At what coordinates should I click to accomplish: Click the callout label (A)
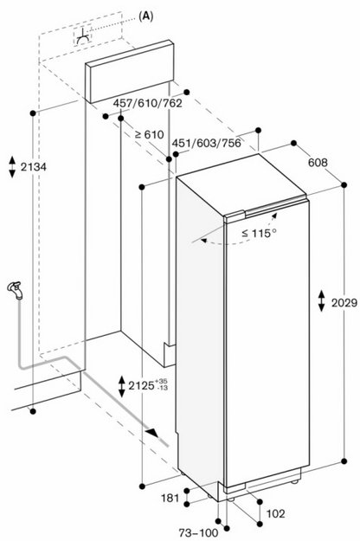coord(146,16)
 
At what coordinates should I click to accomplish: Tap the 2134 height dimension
coord(34,167)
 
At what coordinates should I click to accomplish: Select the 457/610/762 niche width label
coord(148,103)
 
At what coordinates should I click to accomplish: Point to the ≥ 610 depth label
coord(150,134)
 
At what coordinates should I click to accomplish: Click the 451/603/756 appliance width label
coord(206,143)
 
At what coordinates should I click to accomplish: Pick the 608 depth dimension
coord(318,162)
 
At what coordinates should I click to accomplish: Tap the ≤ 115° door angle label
coord(259,233)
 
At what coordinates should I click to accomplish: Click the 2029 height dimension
coord(344,303)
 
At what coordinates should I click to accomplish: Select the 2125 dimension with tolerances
coord(148,385)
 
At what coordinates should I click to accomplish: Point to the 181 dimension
coord(170,498)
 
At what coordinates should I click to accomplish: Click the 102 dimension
coord(276,514)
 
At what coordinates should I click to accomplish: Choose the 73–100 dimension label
coord(198,532)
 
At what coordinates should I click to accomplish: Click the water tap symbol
coord(16,290)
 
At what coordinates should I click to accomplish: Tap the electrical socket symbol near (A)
coord(83,36)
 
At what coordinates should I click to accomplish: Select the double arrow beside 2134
coord(12,167)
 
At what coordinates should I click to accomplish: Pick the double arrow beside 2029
coord(321,301)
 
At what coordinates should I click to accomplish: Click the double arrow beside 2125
coord(122,386)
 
